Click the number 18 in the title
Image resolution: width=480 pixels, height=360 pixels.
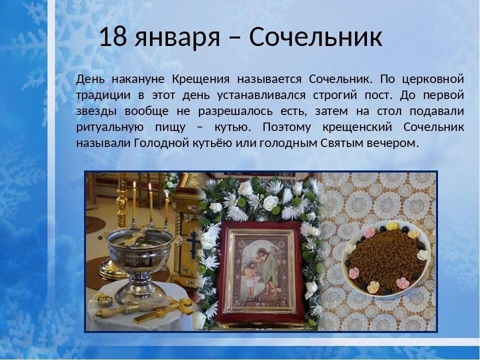(x=112, y=37)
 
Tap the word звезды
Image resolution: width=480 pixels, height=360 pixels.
(x=96, y=111)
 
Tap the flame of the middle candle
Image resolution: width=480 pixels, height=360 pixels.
(x=150, y=187)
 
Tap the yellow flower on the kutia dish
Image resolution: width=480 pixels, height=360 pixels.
(x=392, y=226)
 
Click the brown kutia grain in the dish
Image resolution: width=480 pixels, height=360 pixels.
(x=385, y=257)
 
